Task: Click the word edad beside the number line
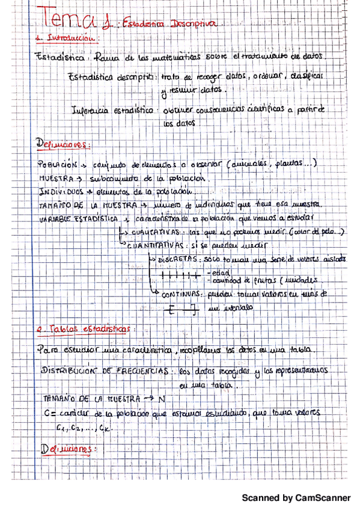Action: pyautogui.click(x=214, y=271)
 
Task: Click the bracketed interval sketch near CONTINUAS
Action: pyautogui.click(x=182, y=310)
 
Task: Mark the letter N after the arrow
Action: pyautogui.click(x=162, y=399)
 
